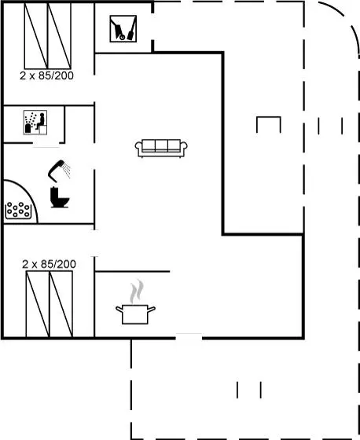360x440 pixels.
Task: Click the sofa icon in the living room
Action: pos(161,148)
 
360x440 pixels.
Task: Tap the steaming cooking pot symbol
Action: pos(135,302)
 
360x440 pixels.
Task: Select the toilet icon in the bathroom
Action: pos(60,197)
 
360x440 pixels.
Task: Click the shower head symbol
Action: pos(56,170)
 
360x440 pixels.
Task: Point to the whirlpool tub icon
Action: pos(18,211)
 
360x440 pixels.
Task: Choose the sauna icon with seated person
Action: pos(35,123)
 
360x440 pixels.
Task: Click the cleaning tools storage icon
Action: pos(123,29)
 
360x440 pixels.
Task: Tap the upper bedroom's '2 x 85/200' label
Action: pos(46,75)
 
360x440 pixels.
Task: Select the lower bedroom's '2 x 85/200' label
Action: pos(49,264)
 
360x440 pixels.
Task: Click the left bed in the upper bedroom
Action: pos(36,36)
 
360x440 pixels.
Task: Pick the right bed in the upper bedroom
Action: pos(59,36)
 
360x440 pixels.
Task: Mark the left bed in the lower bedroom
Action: pos(38,304)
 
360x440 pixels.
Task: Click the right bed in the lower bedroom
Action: pos(61,304)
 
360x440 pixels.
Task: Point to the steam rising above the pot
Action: pos(137,291)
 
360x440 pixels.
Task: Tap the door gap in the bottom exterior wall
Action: pos(189,338)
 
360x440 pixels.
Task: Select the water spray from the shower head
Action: pos(67,170)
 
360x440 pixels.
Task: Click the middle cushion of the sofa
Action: pos(161,145)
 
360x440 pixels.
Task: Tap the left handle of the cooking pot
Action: pos(119,310)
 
